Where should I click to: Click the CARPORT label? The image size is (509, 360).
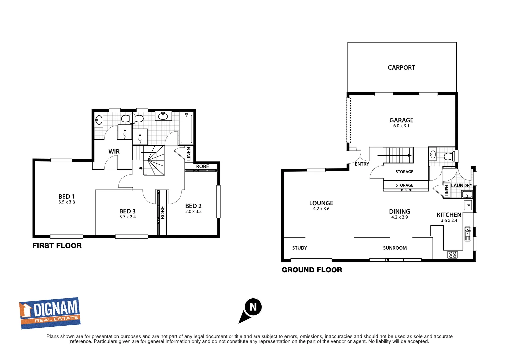tap(401, 68)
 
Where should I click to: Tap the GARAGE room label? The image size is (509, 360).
tap(401, 120)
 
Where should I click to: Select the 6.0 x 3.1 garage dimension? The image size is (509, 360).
tap(401, 126)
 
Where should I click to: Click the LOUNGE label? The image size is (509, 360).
tap(321, 203)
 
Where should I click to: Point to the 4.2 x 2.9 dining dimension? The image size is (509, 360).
tap(399, 217)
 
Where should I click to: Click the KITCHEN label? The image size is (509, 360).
tap(449, 215)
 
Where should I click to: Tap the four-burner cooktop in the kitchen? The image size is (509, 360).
tap(453, 255)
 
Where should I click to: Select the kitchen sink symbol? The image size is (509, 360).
tap(468, 234)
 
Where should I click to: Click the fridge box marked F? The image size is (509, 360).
tap(468, 205)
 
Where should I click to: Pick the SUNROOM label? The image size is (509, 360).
tap(395, 248)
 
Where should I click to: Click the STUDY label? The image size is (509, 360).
tap(299, 248)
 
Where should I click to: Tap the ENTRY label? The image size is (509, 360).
tap(362, 164)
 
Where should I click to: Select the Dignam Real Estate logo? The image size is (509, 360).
tap(50, 313)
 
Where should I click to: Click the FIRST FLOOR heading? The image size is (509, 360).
tap(57, 246)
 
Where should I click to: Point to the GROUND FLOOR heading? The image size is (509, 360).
tap(312, 270)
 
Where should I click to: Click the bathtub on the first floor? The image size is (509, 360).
tap(186, 128)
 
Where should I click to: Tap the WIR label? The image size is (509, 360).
tap(114, 152)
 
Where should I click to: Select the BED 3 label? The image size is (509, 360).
tap(127, 211)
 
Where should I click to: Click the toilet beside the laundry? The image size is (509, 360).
tap(450, 156)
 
